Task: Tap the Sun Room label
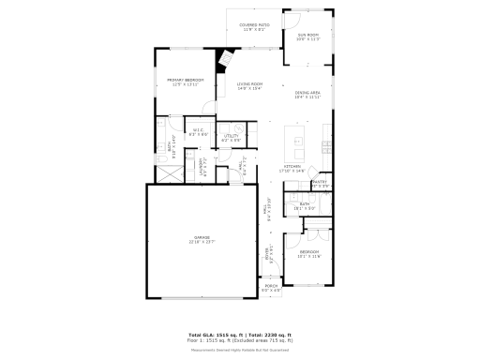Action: (x=308, y=37)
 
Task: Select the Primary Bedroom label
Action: (x=185, y=82)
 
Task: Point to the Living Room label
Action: (x=248, y=86)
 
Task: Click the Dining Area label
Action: (x=307, y=95)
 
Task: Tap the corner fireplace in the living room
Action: (x=226, y=59)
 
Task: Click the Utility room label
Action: (x=232, y=139)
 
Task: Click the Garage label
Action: (x=201, y=239)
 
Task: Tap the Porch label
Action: (x=270, y=290)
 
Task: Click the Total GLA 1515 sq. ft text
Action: (x=215, y=334)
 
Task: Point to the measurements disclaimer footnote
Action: (x=239, y=349)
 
